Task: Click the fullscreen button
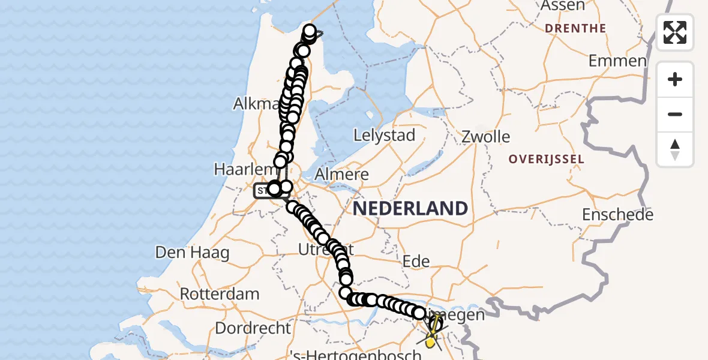click(675, 32)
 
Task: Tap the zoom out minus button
click(675, 115)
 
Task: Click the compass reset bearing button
click(675, 149)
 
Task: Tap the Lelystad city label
click(385, 136)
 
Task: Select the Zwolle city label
click(485, 137)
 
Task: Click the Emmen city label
click(617, 61)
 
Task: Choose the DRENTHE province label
click(575, 28)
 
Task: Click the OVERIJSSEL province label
click(546, 159)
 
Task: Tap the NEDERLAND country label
click(410, 209)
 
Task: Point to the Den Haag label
click(192, 253)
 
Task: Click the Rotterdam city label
click(220, 295)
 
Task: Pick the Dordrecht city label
click(253, 329)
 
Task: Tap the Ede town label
click(416, 261)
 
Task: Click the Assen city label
click(562, 5)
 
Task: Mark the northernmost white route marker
click(310, 30)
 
